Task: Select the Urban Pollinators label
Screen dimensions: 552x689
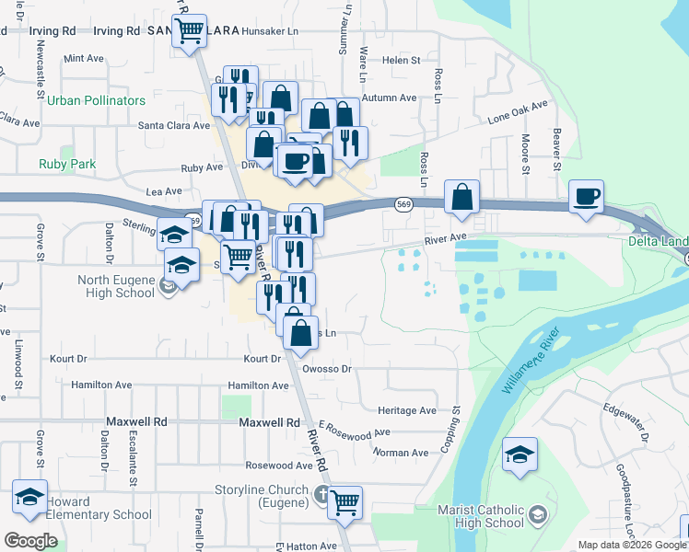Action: tap(97, 100)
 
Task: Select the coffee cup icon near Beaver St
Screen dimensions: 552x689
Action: tap(587, 196)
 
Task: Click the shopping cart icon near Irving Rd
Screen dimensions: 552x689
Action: tap(189, 30)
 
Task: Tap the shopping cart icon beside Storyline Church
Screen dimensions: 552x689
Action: tap(344, 502)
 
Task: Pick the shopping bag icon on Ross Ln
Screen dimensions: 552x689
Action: tap(461, 196)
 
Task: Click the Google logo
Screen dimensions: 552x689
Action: tap(31, 541)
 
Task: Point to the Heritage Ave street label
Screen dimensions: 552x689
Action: tap(407, 410)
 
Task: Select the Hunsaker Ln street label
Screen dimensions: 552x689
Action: tap(270, 30)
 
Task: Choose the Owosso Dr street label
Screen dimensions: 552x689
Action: tap(334, 369)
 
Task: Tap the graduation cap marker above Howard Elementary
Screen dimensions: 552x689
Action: tap(30, 497)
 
